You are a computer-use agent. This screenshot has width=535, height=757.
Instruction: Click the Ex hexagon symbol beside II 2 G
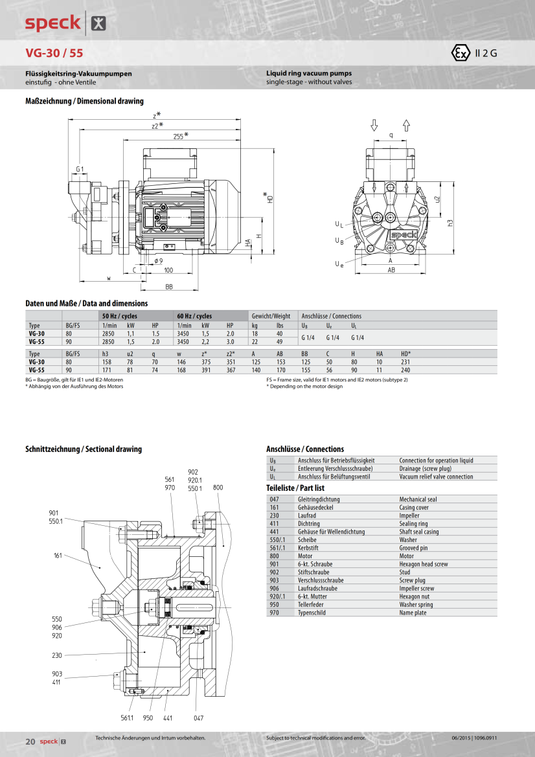point(459,53)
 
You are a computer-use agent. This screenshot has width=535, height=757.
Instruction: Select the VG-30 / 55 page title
point(54,53)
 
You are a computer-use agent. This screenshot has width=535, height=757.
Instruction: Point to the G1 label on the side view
point(80,169)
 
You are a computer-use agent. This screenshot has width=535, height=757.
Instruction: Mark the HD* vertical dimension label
point(269,198)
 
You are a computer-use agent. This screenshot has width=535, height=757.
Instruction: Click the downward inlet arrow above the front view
point(374,125)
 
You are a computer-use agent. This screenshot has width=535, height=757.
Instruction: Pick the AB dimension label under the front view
point(391,269)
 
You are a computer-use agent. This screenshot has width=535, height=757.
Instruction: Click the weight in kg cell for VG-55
point(255,341)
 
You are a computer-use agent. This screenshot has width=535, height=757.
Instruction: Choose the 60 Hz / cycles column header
point(194,316)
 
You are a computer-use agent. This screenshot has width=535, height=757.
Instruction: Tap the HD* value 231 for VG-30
point(405,362)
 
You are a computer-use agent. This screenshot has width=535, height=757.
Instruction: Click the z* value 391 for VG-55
point(206,370)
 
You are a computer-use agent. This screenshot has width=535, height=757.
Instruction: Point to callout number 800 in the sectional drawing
point(218,487)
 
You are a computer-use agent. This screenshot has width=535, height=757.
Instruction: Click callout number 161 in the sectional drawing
point(58,556)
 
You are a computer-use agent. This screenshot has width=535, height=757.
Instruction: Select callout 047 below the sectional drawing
point(198,717)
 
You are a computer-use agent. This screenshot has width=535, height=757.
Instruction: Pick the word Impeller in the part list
point(409,515)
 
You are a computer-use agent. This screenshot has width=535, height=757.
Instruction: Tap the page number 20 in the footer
point(30,741)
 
